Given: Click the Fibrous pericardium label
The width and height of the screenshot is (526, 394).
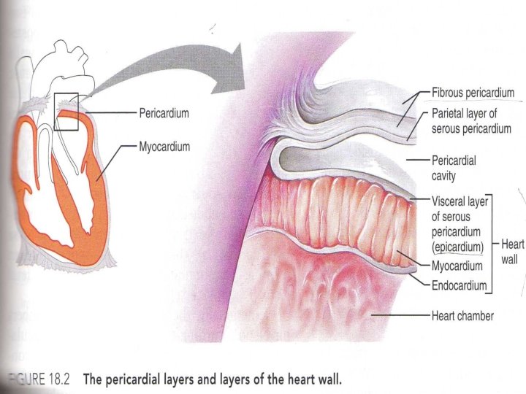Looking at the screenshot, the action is (x=473, y=93).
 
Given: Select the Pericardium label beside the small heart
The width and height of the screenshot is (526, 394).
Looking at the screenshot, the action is (x=164, y=114).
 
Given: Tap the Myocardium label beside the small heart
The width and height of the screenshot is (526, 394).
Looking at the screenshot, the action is (x=164, y=147).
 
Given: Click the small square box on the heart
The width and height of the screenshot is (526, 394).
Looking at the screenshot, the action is (x=66, y=112).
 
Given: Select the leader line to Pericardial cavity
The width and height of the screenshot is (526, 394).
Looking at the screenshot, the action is (x=416, y=158).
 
